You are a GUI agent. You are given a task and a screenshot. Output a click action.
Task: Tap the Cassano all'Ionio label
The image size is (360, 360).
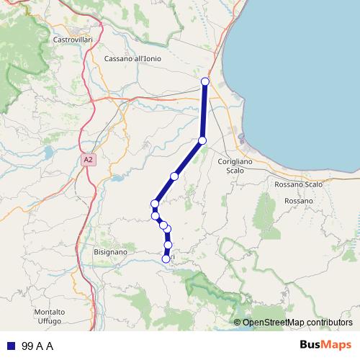tap(132, 58)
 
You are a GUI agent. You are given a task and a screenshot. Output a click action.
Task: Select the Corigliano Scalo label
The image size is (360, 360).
tap(235, 166)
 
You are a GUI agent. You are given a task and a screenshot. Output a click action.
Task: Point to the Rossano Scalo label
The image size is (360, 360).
tap(299, 184)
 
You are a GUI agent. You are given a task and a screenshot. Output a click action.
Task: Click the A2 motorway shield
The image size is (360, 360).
tap(88, 160)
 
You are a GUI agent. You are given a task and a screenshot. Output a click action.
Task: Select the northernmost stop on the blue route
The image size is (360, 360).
tap(205, 81)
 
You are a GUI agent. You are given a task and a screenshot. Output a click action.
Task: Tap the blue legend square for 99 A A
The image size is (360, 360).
tap(12, 346)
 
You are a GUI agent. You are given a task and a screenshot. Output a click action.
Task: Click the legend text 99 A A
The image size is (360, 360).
tap(38, 346)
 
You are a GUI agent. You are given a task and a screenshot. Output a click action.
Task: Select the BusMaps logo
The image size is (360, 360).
tap(325, 345)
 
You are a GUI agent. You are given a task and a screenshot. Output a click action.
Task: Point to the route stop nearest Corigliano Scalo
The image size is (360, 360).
tap(202, 140)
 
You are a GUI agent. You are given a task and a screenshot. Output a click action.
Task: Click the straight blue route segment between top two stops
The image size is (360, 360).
tap(204, 111)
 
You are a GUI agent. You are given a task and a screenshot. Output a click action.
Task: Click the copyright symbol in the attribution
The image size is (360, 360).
tap(238, 323)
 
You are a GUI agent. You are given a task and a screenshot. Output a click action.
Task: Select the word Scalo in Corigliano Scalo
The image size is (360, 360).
tap(235, 171)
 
